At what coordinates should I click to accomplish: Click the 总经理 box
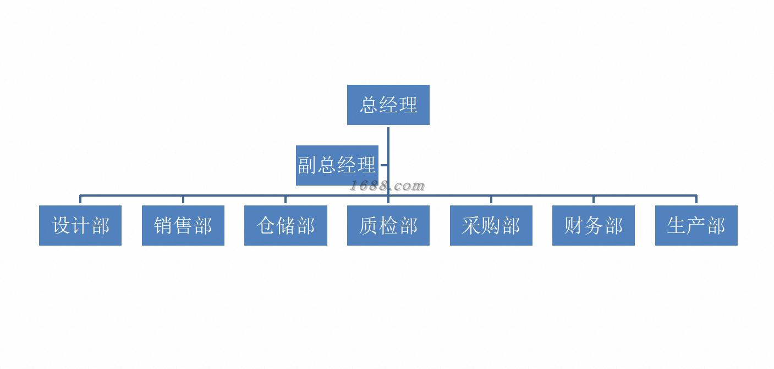click(x=388, y=105)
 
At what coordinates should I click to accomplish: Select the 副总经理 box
click(x=337, y=165)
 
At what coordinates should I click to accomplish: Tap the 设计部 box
click(x=80, y=225)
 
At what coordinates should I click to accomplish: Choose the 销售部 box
click(x=183, y=225)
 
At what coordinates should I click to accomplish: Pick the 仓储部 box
click(x=286, y=225)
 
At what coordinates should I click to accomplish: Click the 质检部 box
click(x=388, y=225)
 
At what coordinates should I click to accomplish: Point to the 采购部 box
click(x=491, y=225)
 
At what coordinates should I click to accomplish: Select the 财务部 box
click(x=593, y=225)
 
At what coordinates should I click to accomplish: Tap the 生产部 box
click(x=696, y=225)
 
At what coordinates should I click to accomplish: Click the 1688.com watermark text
click(x=387, y=186)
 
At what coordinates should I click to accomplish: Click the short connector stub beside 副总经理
click(x=383, y=165)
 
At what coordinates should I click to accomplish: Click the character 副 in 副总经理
click(x=307, y=165)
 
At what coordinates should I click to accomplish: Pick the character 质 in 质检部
click(x=369, y=225)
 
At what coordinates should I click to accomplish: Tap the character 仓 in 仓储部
click(x=266, y=225)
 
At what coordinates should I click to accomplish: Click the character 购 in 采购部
click(x=491, y=225)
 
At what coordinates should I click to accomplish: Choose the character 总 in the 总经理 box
click(x=369, y=105)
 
